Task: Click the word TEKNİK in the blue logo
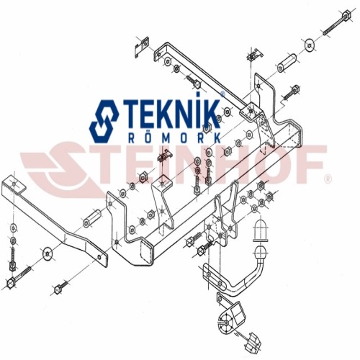tap(171, 114)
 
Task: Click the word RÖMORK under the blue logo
tap(175, 138)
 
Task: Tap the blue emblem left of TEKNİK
tap(104, 122)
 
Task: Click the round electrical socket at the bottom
tap(226, 322)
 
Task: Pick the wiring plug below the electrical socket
tap(252, 341)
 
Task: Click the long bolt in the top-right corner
tap(337, 23)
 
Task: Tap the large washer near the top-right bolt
tap(310, 45)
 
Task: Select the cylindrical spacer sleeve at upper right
tap(287, 63)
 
